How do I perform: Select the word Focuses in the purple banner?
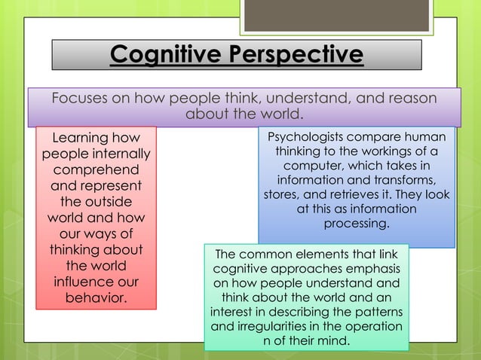click(81, 99)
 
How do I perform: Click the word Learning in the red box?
click(81, 138)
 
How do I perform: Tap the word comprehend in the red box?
click(96, 170)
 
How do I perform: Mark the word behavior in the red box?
click(96, 299)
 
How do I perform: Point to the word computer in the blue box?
click(332, 166)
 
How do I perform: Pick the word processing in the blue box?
click(357, 224)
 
